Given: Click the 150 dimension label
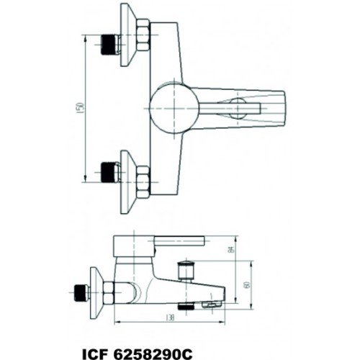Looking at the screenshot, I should click(x=81, y=106).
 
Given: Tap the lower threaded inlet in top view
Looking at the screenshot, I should click(x=108, y=172).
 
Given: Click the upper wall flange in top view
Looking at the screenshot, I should click(x=128, y=35).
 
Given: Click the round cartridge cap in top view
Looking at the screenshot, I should click(x=171, y=108).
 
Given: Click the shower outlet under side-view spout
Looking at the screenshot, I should click(x=186, y=305).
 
